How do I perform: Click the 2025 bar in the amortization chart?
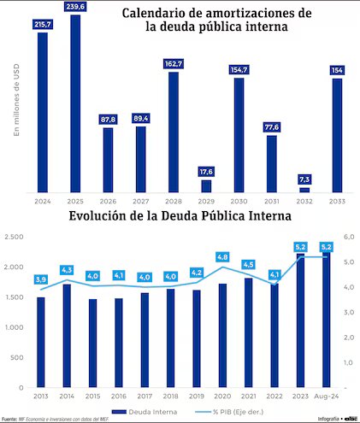pyautogui.click(x=75, y=103)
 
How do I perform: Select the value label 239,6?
pyautogui.click(x=75, y=9)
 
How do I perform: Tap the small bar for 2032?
pyautogui.click(x=304, y=190)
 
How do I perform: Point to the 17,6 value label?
pyautogui.click(x=206, y=171)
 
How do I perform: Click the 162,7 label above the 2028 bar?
pyautogui.click(x=174, y=64)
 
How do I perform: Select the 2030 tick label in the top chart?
pyautogui.click(x=239, y=202)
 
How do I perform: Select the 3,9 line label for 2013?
pyautogui.click(x=41, y=279)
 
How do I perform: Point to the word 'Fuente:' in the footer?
pyautogui.click(x=9, y=419)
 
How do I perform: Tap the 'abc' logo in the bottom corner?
pyautogui.click(x=351, y=419)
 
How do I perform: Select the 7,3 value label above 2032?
pyautogui.click(x=304, y=179)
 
